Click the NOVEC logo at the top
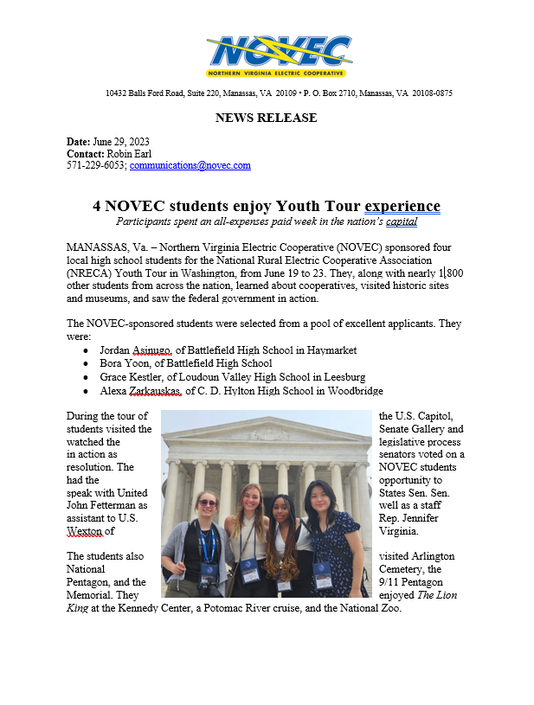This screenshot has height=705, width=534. point(278,55)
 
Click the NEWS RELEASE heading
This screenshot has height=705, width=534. point(266,118)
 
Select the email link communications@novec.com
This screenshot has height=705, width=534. point(190,165)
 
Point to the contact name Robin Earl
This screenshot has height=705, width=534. point(128,153)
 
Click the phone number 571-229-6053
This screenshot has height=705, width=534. point(96,165)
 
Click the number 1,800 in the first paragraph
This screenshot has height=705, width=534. point(445,272)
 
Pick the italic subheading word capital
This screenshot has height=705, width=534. point(402,222)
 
